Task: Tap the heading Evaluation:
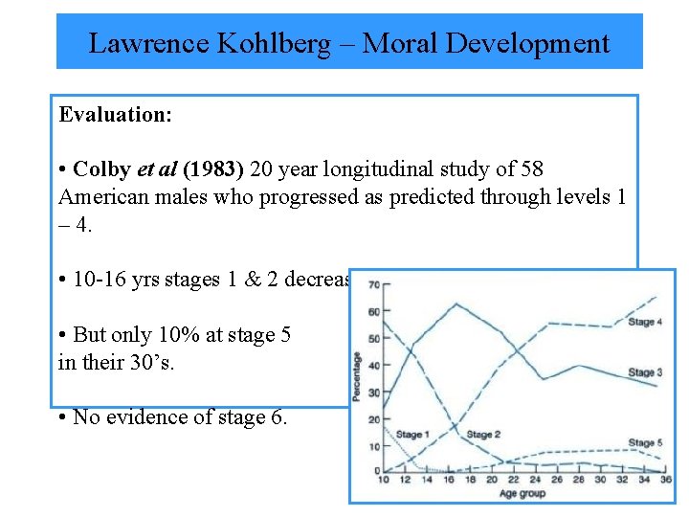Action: [116, 115]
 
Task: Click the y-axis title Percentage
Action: [357, 375]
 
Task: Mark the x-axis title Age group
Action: [522, 493]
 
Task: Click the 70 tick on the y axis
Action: [374, 284]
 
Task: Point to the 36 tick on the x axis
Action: [664, 481]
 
